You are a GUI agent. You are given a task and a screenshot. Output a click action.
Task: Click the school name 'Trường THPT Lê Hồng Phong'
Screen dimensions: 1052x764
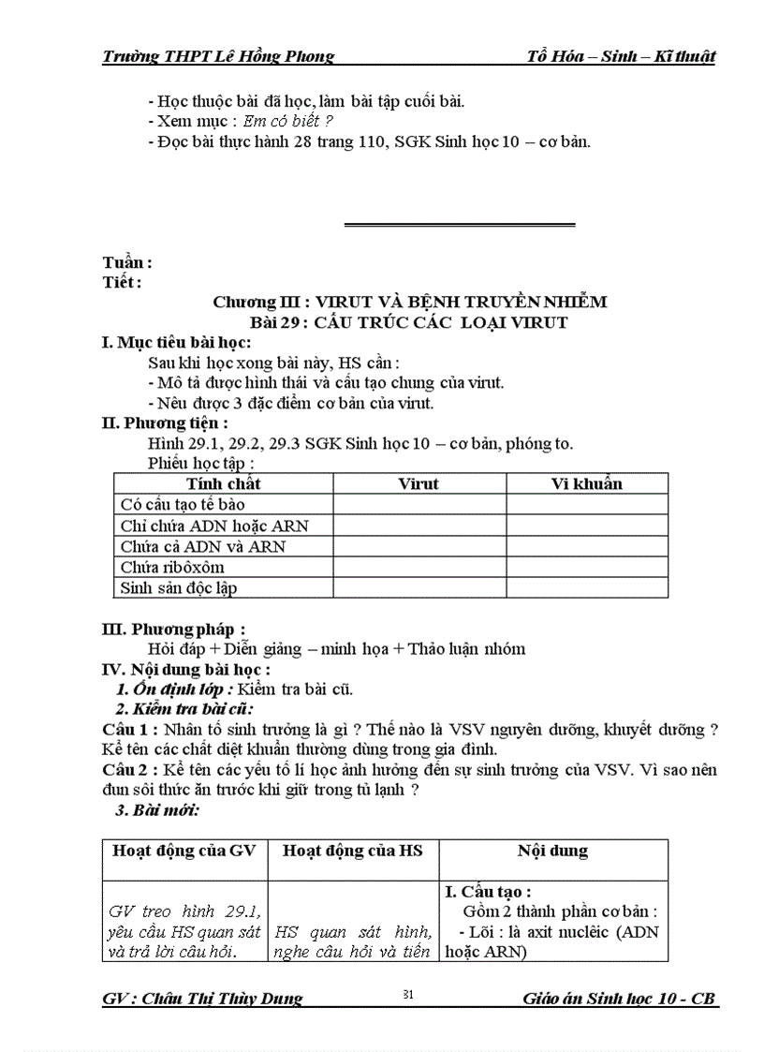(218, 56)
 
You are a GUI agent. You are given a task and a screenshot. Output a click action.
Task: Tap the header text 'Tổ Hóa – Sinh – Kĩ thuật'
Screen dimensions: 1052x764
(622, 56)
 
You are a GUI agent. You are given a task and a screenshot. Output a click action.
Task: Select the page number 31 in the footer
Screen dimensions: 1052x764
(407, 994)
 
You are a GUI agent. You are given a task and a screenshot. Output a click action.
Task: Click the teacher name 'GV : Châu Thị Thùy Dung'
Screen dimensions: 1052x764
(202, 998)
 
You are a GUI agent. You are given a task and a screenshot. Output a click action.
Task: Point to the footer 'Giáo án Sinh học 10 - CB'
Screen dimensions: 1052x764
(620, 998)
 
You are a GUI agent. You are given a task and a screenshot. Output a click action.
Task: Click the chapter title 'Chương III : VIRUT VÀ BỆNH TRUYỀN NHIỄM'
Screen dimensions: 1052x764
(409, 302)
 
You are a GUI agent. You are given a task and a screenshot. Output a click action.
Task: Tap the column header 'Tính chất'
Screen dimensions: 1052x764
(224, 484)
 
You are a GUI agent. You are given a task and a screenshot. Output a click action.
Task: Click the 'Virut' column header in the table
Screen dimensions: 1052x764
(419, 484)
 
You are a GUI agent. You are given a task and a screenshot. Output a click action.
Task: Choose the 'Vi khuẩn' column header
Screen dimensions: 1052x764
(586, 484)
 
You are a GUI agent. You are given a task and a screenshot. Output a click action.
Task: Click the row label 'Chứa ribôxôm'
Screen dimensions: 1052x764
(172, 567)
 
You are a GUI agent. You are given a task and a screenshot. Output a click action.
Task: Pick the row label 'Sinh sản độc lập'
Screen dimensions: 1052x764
(178, 587)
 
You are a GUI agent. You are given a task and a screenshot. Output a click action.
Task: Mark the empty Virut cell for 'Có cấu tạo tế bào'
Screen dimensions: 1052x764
(419, 505)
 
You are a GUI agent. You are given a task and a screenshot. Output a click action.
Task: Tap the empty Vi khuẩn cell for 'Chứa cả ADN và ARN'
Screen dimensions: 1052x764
(586, 546)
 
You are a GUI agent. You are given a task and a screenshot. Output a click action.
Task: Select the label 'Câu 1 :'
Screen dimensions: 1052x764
(130, 729)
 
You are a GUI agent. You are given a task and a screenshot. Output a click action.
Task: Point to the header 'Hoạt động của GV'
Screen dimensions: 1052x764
(184, 851)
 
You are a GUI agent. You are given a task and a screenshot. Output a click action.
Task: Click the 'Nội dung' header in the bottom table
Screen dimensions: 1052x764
(552, 851)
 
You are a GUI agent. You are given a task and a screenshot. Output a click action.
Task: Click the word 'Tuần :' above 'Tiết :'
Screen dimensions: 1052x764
(127, 264)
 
